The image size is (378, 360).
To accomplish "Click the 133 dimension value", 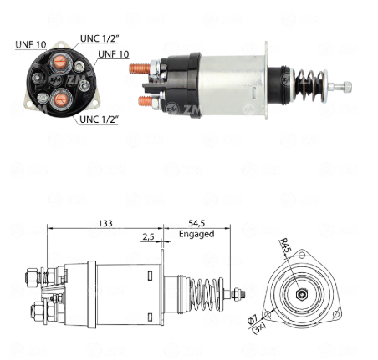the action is (x=105, y=223).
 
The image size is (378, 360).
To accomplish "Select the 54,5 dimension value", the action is (x=197, y=223).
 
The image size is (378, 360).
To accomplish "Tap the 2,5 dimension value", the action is (x=148, y=237).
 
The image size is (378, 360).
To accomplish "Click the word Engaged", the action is (x=197, y=234).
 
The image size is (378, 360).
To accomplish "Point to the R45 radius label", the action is (x=285, y=246).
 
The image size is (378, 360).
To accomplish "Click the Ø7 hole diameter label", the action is (x=253, y=318).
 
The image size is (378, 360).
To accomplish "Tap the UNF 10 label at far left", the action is (x=31, y=44).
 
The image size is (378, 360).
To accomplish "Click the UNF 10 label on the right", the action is (x=114, y=54).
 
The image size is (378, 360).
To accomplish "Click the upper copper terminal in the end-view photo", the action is (x=59, y=63).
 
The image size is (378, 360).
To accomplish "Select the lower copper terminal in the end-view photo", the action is (x=60, y=100).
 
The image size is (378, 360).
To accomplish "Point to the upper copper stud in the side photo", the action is (x=140, y=68).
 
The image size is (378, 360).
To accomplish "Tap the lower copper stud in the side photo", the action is (x=146, y=100).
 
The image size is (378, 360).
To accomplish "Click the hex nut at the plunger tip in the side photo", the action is (x=347, y=86).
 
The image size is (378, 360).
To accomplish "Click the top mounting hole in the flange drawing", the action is (x=302, y=255).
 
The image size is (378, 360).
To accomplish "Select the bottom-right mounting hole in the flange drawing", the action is (x=336, y=314).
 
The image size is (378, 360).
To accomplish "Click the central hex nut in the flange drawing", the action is (x=301, y=294).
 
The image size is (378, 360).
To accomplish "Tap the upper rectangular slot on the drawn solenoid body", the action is (x=150, y=276).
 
